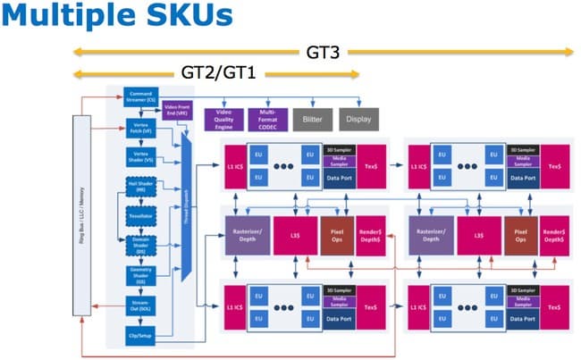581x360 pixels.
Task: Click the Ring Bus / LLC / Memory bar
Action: pos(81,214)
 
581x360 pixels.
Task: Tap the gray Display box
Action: pos(358,117)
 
